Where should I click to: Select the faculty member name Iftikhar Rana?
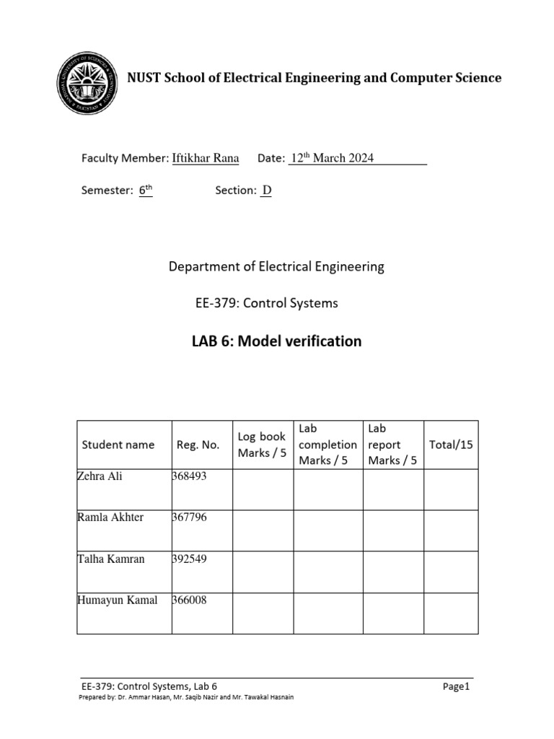[x=206, y=158]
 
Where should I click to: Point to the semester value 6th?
[x=146, y=191]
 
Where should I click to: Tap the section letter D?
[x=266, y=191]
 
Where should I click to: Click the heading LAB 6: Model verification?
[x=276, y=341]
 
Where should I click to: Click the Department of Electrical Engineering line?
[x=276, y=266]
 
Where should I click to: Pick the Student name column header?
[x=118, y=445]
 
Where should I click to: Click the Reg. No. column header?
[x=198, y=445]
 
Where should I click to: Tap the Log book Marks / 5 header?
[x=262, y=445]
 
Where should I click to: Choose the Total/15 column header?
[x=451, y=445]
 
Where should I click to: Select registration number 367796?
[x=190, y=517]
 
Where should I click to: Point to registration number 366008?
[x=190, y=600]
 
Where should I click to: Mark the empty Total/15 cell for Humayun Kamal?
[x=451, y=613]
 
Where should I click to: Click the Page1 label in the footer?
[x=456, y=687]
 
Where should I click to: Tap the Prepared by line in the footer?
[x=185, y=698]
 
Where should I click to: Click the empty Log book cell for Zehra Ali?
[x=262, y=489]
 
